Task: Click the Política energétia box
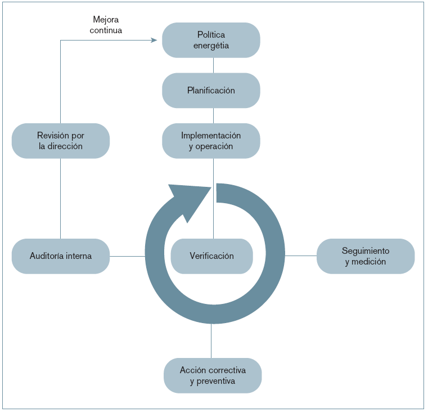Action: click(x=211, y=40)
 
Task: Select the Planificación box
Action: click(x=211, y=90)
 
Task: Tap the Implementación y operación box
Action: click(x=211, y=141)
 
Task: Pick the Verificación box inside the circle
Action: click(x=211, y=256)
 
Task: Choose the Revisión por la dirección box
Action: click(x=60, y=141)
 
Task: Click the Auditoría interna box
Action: click(x=60, y=256)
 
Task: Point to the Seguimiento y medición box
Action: click(x=365, y=256)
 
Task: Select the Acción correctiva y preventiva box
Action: click(x=213, y=375)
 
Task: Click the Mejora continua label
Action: click(x=106, y=25)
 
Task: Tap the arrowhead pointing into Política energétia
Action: click(x=154, y=40)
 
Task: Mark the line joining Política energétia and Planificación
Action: click(x=213, y=65)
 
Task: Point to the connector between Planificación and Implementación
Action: click(x=213, y=115)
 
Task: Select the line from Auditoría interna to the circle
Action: click(x=127, y=256)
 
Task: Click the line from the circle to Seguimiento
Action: click(x=300, y=256)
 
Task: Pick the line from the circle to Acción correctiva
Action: click(x=211, y=341)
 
